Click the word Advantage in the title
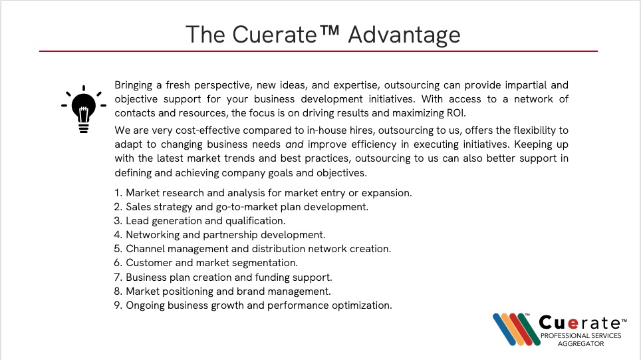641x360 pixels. pos(404,35)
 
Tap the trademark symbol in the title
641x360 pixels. pos(328,31)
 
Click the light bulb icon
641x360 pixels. pos(84,109)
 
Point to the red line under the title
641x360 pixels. pos(319,51)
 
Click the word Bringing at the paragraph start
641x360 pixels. pos(133,85)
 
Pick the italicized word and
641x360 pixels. pos(295,144)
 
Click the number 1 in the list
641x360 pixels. pos(118,193)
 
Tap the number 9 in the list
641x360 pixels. pos(118,305)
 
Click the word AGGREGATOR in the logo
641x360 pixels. pos(580,344)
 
